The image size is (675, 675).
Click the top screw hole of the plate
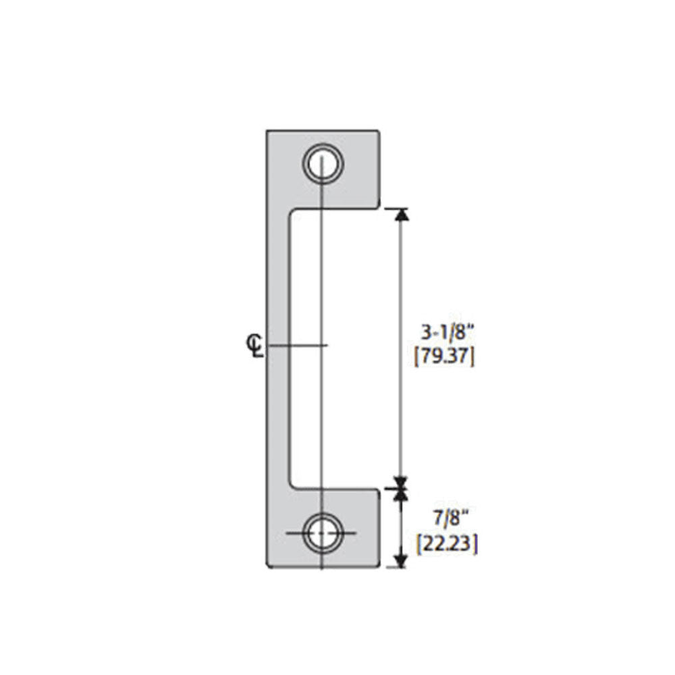(323, 163)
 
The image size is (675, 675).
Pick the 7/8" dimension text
(448, 519)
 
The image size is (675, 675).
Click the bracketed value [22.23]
(448, 543)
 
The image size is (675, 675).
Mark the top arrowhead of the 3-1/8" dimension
(402, 215)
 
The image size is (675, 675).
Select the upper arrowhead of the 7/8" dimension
(402, 495)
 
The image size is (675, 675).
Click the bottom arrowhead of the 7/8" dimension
(402, 560)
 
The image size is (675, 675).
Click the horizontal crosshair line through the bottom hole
(297, 533)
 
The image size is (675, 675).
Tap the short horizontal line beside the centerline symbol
(297, 346)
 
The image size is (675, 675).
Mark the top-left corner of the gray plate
(267, 131)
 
